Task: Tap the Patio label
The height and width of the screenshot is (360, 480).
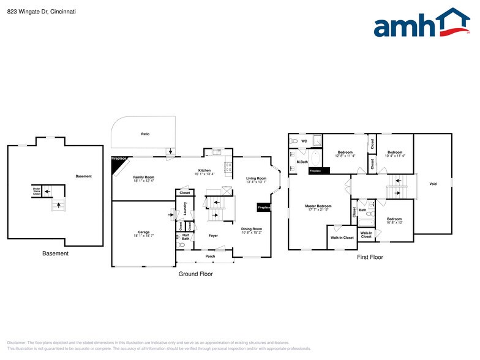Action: coord(145,133)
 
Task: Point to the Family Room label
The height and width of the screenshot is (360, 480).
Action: coord(144,178)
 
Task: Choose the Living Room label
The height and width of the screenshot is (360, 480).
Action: coord(257,179)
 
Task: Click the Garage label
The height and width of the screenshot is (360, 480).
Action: coord(143,233)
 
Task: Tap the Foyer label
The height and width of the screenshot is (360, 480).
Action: coord(213,235)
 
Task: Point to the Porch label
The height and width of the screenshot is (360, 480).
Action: coord(210,256)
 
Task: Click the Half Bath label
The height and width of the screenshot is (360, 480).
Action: coord(186,236)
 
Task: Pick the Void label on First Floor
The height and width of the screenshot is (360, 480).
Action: coord(433,184)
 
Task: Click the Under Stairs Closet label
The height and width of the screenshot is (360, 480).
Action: coord(37,191)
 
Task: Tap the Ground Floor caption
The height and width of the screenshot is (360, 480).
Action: coord(195,274)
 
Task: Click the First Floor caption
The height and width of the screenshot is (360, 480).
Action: coord(370,257)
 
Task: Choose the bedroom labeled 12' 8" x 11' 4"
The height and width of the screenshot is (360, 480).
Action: coord(345,154)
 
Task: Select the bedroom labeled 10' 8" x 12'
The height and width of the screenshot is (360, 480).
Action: coord(394,220)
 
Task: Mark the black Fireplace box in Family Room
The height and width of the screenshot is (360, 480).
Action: coord(119,159)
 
